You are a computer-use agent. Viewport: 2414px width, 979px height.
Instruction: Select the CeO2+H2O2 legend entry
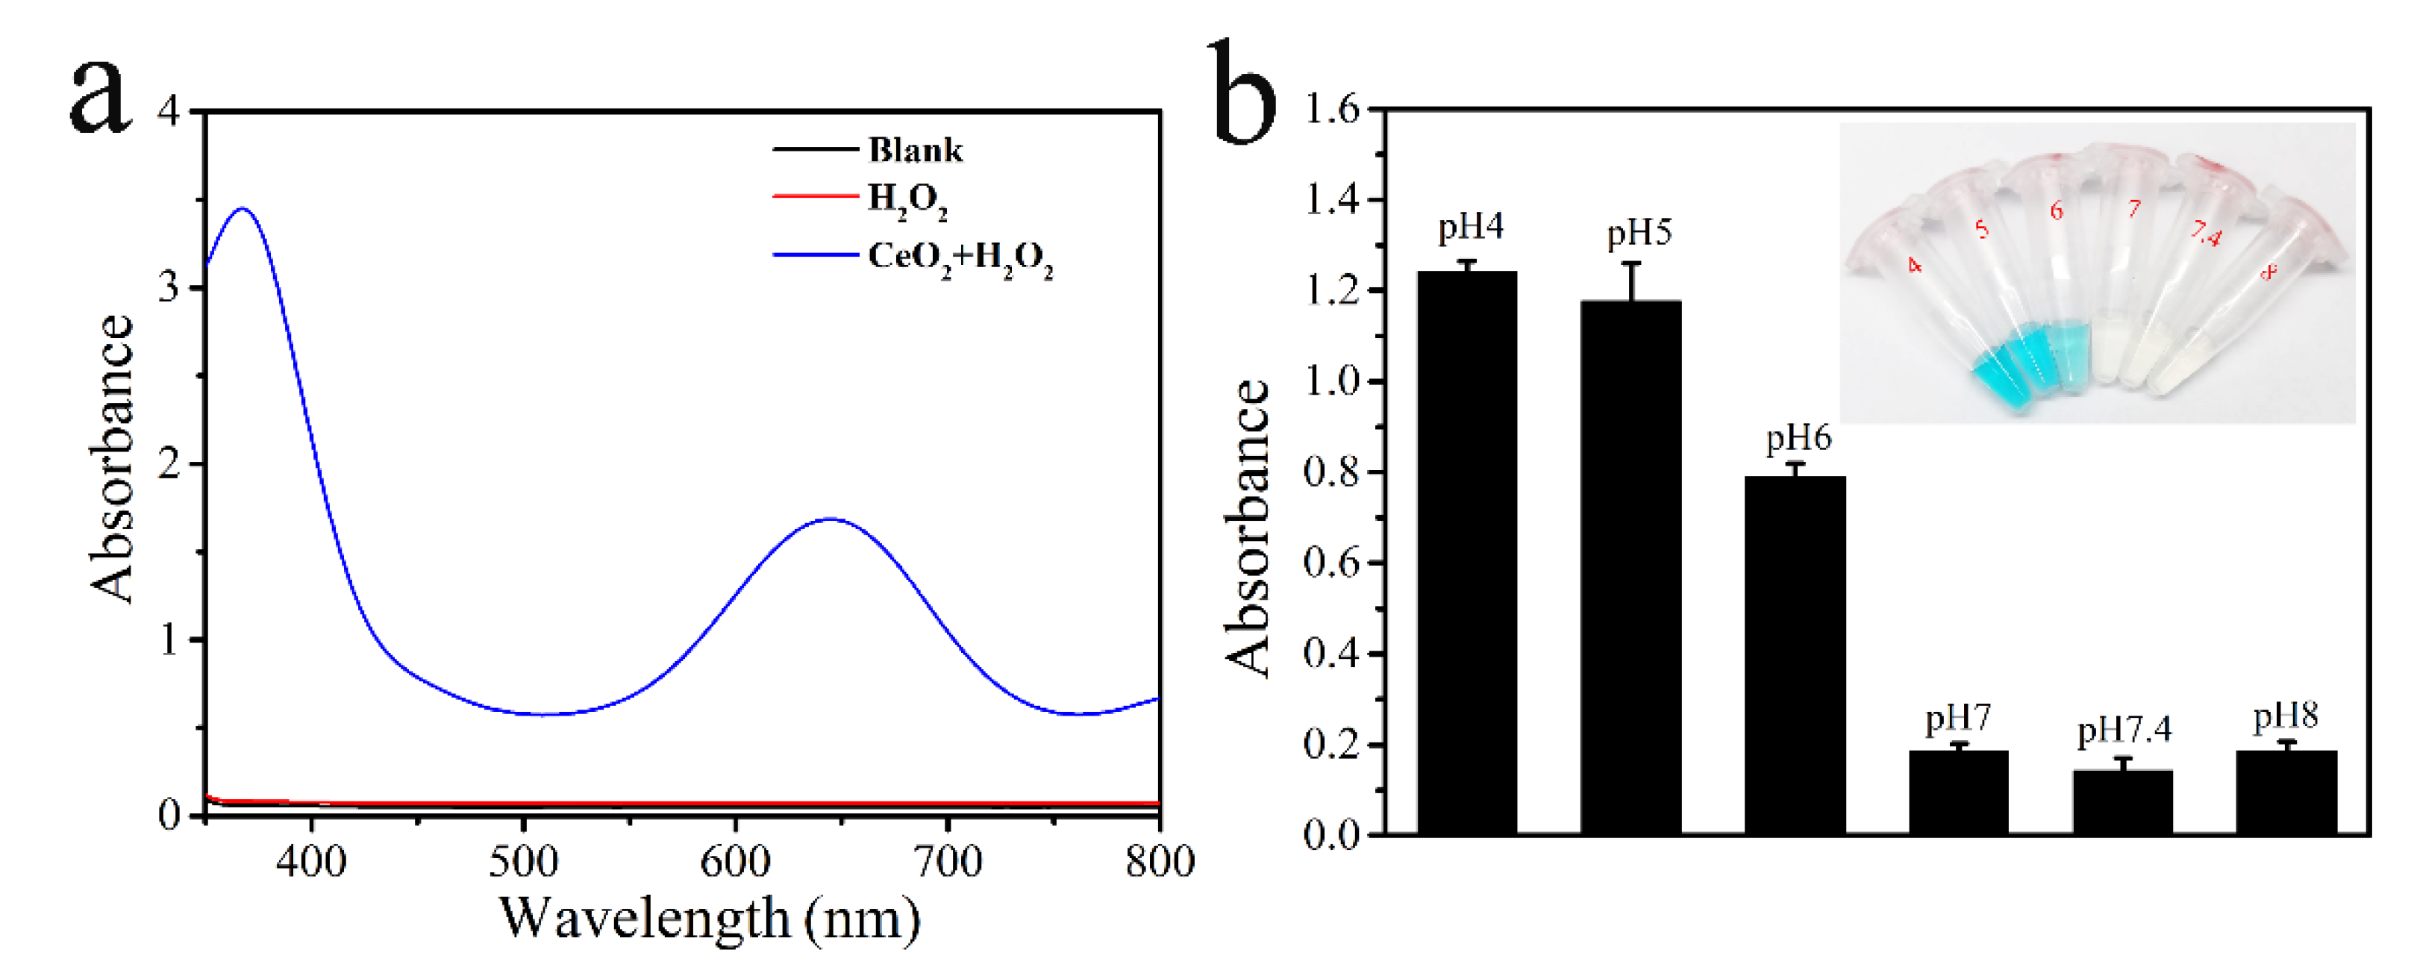[x=959, y=256]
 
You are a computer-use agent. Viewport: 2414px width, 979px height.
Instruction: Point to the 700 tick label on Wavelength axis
[x=948, y=861]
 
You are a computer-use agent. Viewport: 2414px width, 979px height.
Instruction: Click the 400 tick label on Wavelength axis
[x=311, y=861]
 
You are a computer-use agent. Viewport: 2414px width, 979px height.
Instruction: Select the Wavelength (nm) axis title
[x=710, y=919]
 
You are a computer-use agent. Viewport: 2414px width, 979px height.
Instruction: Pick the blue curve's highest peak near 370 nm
[x=244, y=209]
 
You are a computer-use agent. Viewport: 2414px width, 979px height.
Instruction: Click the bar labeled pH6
[x=1795, y=656]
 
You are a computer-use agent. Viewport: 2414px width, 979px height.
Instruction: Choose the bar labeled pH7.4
[x=2122, y=802]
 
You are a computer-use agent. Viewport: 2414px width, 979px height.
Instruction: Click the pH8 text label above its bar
[x=2286, y=716]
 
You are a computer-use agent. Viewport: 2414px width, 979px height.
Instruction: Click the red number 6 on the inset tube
[x=2056, y=210]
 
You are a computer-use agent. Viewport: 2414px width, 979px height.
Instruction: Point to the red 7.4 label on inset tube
[x=2206, y=234]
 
